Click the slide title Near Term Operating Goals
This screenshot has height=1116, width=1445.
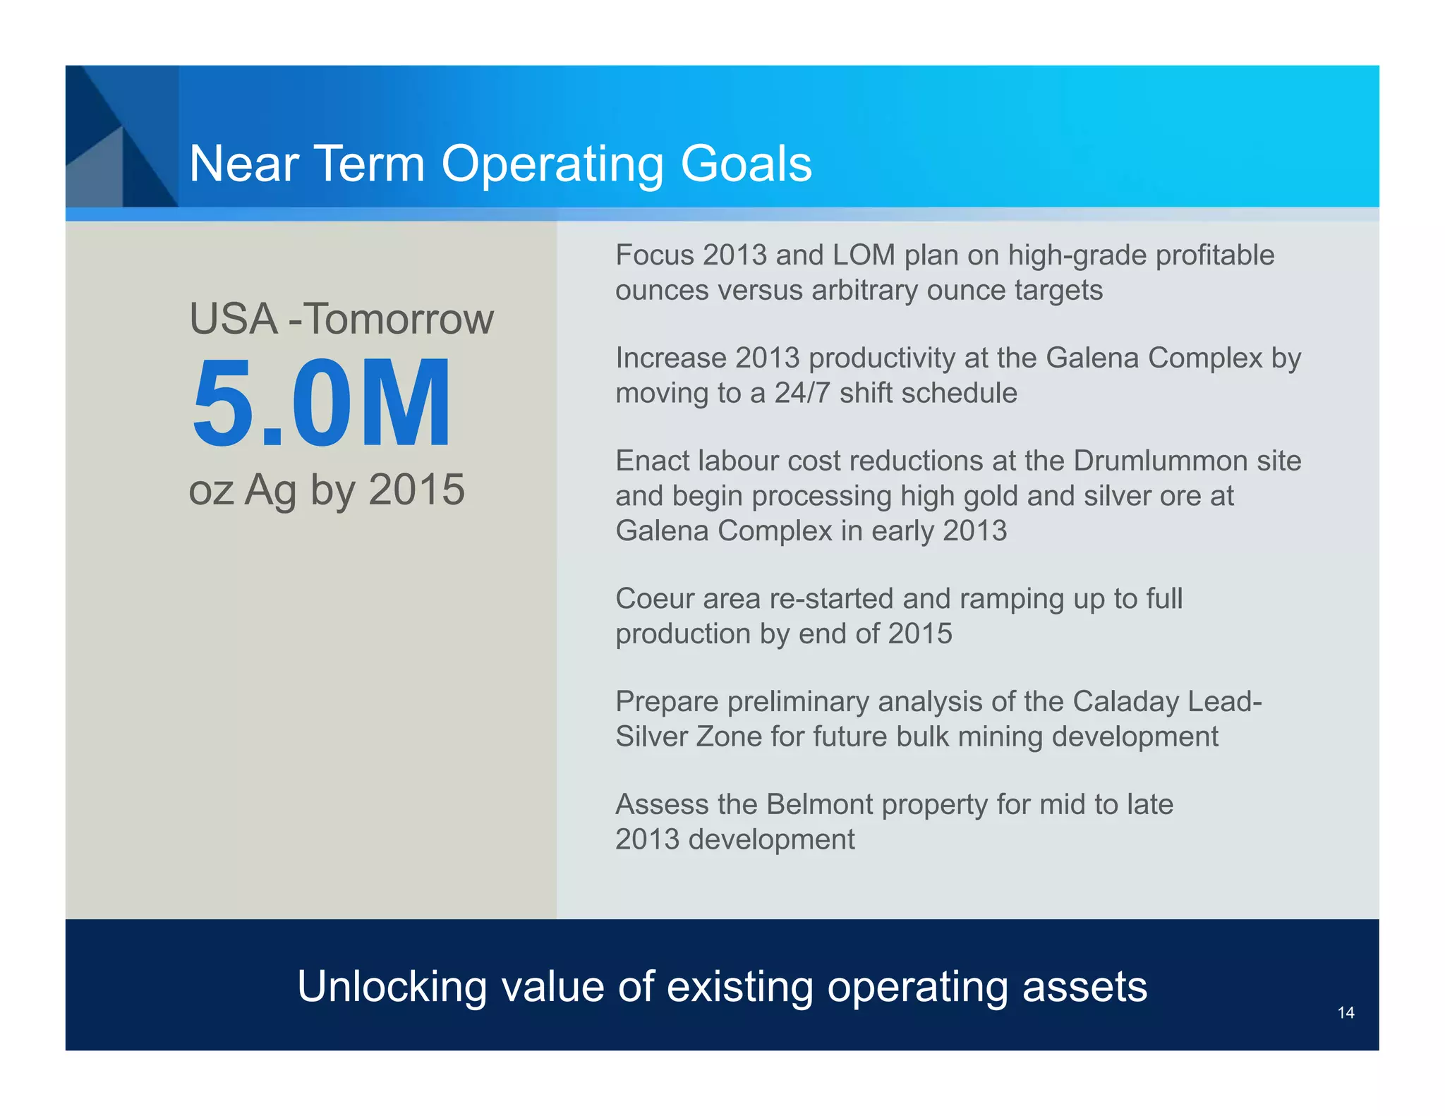(500, 164)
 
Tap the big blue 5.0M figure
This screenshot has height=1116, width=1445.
(321, 404)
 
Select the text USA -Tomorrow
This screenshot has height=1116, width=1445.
(341, 319)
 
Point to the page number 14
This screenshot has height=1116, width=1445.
(1346, 1013)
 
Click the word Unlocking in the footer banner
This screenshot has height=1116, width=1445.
(392, 986)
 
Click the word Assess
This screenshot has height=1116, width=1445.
(661, 804)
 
